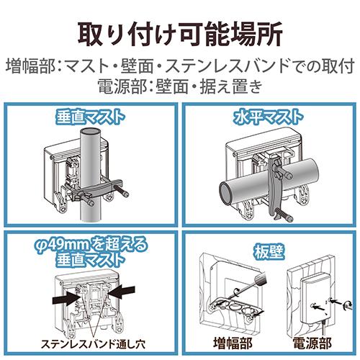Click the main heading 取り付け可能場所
(x=180, y=32)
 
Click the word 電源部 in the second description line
(x=120, y=86)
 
